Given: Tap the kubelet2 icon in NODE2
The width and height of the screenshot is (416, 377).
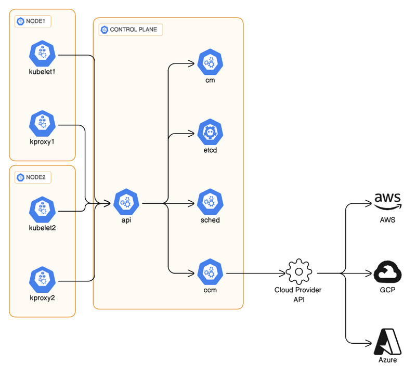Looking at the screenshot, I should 42,209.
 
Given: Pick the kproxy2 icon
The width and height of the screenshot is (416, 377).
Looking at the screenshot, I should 42,279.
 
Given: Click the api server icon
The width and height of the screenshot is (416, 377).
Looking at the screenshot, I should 126,202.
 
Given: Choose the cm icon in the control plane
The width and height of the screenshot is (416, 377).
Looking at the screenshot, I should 211,62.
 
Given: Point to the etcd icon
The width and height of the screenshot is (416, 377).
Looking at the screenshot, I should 211,133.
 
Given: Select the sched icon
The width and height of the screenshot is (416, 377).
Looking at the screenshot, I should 211,202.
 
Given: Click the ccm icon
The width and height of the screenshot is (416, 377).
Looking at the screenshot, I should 211,272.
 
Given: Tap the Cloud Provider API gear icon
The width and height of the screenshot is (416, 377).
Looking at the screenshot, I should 298,272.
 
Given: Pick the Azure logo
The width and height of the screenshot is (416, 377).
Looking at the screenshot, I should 388,342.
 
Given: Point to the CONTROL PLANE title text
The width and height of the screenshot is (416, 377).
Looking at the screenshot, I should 133,30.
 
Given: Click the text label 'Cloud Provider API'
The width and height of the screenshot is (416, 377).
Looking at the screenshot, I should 298,293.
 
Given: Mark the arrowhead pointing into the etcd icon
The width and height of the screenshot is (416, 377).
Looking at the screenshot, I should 194,133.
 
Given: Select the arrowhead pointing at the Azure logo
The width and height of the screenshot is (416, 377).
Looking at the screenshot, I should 371,342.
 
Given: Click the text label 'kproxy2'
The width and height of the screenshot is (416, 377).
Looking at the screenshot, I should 42,298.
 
